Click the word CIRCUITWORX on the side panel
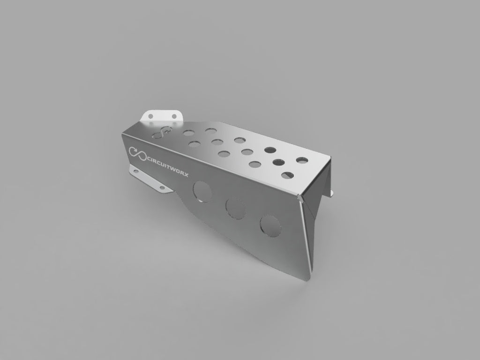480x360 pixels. pos(168,167)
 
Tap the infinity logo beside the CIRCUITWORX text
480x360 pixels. pos(137,153)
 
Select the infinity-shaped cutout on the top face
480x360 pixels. pos(161,133)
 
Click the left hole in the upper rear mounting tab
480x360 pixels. pos(151,116)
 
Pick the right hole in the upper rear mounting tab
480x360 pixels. pos(174,116)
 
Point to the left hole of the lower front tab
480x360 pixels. pos(136,171)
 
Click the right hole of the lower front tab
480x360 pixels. pos(162,187)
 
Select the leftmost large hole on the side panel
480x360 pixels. pos(202,191)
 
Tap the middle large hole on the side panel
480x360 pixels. pos(235,209)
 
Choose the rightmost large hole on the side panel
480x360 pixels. pos(270,226)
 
